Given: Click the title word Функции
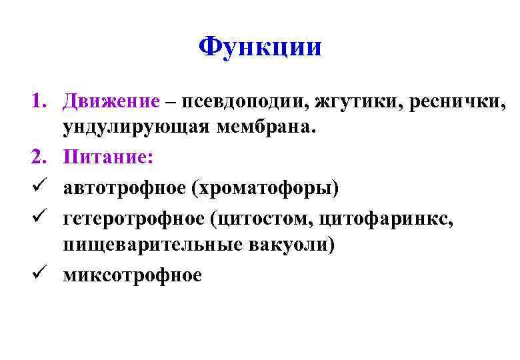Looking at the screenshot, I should (260, 47).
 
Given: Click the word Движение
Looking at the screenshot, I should (111, 102).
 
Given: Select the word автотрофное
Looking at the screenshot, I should (124, 187).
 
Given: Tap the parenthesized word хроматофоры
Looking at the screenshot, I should (265, 187).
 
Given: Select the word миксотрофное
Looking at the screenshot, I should (132, 273).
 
